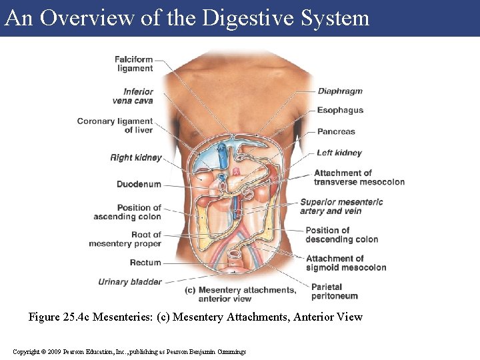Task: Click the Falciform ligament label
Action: click(133, 63)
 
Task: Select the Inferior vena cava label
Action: click(133, 96)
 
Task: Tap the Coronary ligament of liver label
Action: click(115, 125)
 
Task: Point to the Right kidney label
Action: click(136, 158)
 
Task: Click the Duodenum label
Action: click(139, 184)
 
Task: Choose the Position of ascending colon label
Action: click(127, 212)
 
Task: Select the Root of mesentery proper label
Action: click(125, 239)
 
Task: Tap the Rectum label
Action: click(145, 263)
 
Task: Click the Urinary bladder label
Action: click(130, 282)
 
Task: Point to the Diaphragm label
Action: click(340, 91)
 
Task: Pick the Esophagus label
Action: click(340, 110)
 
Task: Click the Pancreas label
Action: click(336, 131)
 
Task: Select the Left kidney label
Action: click(339, 153)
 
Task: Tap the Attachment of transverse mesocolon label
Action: click(359, 177)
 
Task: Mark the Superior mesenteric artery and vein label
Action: click(341, 206)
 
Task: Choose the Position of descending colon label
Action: click(341, 235)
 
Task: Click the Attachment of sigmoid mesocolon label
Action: click(345, 263)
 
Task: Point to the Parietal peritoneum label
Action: click(335, 291)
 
